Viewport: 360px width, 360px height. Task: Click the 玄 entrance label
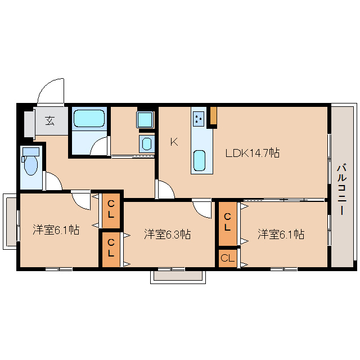[x=49, y=121]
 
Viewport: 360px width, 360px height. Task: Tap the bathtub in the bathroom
[x=89, y=119]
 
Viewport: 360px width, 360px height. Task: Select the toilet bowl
[x=31, y=164]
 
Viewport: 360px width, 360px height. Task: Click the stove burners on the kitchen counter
[x=199, y=119]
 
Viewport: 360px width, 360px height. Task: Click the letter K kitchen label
[x=174, y=142]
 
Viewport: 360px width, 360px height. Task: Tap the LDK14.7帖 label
[x=253, y=152]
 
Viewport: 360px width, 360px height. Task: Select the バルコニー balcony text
[x=341, y=189]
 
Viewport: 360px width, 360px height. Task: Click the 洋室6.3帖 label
[x=167, y=234]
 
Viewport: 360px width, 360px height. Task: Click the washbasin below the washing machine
[x=147, y=144]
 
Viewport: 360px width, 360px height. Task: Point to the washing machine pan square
[x=145, y=119]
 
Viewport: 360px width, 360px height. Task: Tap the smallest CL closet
[x=227, y=258]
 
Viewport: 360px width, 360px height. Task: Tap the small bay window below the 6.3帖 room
[x=178, y=277]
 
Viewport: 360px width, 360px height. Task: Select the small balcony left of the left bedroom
[x=10, y=222]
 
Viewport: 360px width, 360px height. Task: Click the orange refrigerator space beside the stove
[x=214, y=116]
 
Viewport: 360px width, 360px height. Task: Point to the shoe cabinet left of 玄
[x=29, y=124]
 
